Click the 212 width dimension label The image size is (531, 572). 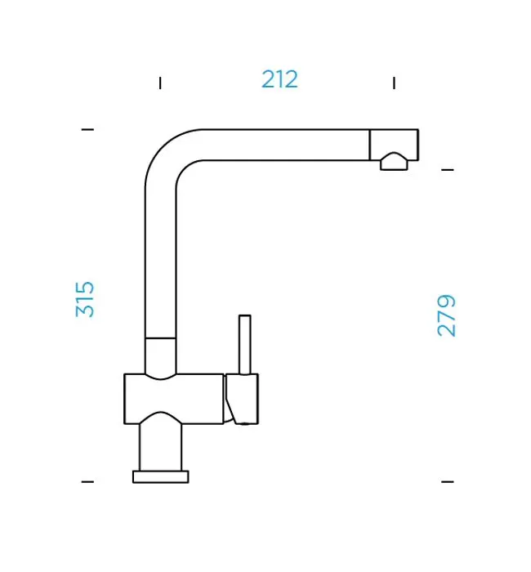point(279,79)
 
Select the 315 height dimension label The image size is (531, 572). point(85,299)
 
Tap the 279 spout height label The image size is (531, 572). point(446,315)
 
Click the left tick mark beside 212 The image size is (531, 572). point(160,83)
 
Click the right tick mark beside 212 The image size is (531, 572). point(394,83)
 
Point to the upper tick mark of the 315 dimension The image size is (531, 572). point(87,129)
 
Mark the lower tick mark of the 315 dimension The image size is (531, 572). point(87,482)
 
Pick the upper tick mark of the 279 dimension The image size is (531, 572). point(448,170)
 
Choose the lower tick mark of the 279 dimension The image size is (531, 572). point(448,482)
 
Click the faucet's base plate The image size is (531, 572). point(161,476)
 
